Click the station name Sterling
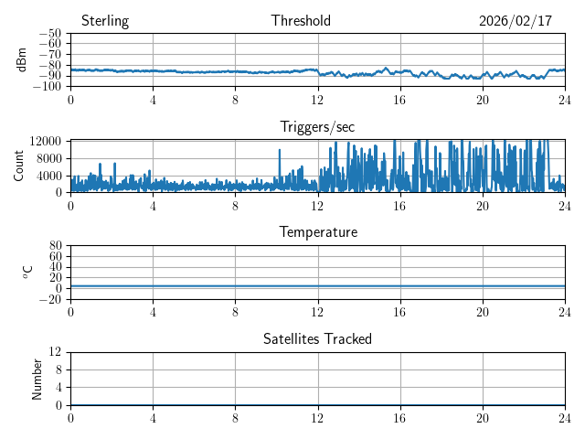[105, 21]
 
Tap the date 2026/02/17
[516, 21]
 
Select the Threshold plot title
[301, 21]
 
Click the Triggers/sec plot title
[317, 127]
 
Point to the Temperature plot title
[317, 232]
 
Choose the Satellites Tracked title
[317, 338]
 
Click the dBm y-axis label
[22, 59]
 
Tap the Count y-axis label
[18, 166]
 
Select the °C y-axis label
[27, 272]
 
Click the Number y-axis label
[37, 378]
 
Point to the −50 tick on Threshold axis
[49, 33]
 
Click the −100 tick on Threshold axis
[47, 86]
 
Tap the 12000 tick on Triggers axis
[45, 140]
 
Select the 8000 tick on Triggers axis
[48, 157]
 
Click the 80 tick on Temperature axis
[55, 246]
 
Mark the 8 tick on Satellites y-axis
[58, 369]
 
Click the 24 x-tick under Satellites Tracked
[565, 417]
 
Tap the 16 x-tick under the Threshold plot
[400, 99]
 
